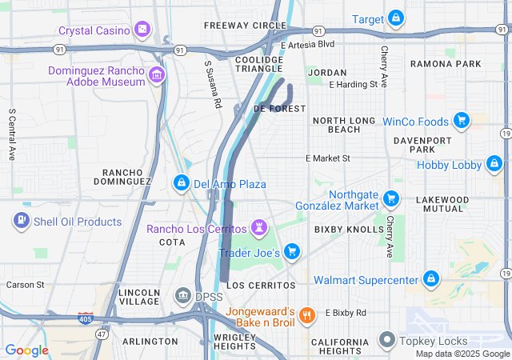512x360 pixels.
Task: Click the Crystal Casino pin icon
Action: pyautogui.click(x=142, y=30)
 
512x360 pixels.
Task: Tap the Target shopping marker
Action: pyautogui.click(x=396, y=18)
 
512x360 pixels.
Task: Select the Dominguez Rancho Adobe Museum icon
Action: pyautogui.click(x=157, y=77)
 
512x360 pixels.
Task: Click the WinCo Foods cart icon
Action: pyautogui.click(x=461, y=122)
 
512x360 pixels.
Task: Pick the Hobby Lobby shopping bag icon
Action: pyautogui.click(x=494, y=166)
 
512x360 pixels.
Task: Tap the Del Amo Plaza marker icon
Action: pyautogui.click(x=182, y=184)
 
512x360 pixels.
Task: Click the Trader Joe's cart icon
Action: pyautogui.click(x=292, y=252)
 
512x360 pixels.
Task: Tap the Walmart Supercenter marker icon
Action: pyautogui.click(x=431, y=279)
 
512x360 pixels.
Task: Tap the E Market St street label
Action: pyautogui.click(x=328, y=158)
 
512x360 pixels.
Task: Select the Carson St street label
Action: pyautogui.click(x=26, y=284)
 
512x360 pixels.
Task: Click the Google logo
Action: pyautogui.click(x=26, y=350)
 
